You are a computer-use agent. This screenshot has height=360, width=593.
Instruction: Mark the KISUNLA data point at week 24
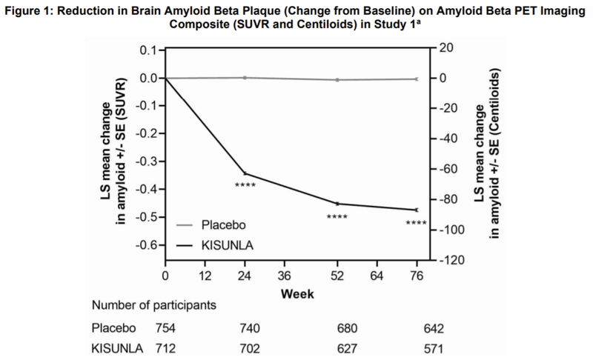click(x=245, y=173)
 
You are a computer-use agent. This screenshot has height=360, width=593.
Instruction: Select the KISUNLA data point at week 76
click(x=417, y=210)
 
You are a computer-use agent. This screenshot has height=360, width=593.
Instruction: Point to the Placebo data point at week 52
click(x=337, y=79)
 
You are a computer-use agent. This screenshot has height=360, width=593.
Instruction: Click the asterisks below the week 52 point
click(x=337, y=216)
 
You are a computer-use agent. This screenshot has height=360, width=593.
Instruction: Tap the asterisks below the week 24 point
click(x=245, y=184)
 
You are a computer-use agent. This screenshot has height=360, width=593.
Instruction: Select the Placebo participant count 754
click(x=166, y=328)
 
